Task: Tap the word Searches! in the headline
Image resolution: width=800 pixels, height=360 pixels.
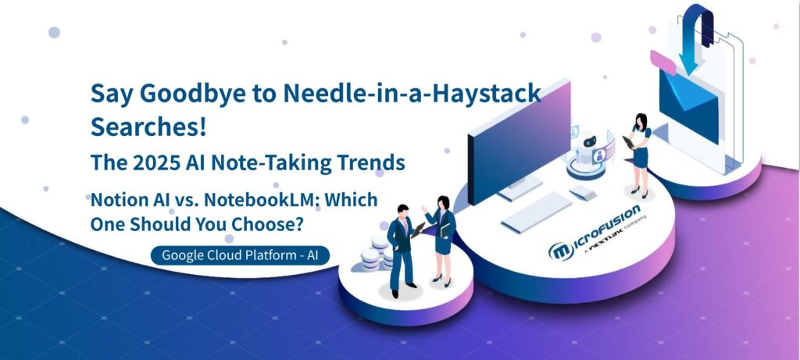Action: click(148, 127)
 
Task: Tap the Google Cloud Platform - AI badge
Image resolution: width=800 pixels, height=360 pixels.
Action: click(240, 255)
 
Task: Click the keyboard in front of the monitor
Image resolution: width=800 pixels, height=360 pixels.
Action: click(536, 212)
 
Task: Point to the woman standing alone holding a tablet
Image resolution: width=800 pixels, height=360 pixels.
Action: click(638, 155)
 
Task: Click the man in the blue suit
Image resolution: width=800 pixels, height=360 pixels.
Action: click(401, 251)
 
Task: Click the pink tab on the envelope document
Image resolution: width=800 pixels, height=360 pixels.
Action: click(662, 62)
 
